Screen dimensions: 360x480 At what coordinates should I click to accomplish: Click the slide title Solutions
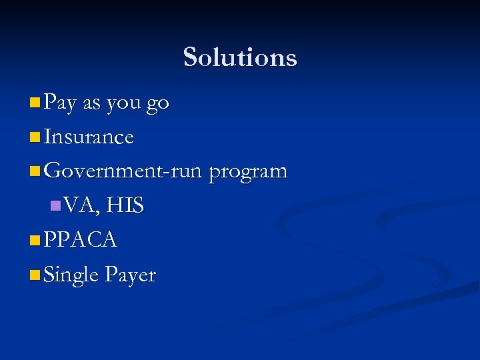click(240, 57)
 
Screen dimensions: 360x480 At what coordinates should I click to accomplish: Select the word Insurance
click(88, 137)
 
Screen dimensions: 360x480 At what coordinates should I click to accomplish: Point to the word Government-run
click(123, 171)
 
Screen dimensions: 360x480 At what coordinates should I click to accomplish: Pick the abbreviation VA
click(80, 205)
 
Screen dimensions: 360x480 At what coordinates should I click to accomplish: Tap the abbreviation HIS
click(125, 205)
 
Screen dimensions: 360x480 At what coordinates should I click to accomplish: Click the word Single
click(71, 275)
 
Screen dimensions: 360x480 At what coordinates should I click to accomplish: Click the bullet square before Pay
click(35, 103)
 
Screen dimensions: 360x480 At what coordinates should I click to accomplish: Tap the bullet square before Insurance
click(35, 137)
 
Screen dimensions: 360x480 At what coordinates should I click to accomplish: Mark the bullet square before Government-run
click(35, 171)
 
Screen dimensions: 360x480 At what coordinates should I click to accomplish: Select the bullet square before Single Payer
click(35, 275)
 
